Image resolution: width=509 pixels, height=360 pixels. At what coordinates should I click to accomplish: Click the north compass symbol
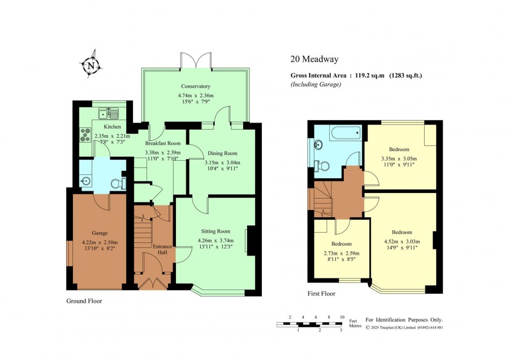click(x=92, y=65)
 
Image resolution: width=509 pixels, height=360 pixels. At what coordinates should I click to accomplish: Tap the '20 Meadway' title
click(x=314, y=59)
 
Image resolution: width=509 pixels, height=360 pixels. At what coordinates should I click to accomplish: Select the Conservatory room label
click(x=196, y=86)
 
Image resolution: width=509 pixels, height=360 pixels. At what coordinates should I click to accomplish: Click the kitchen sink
click(x=109, y=113)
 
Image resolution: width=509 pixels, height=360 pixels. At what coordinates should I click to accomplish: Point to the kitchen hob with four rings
click(x=85, y=135)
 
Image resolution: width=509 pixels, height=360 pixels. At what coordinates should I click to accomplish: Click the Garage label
click(x=100, y=233)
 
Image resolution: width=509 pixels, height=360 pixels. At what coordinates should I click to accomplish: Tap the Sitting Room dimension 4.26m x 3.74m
click(x=215, y=241)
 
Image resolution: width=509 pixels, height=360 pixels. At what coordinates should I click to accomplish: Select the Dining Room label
click(x=222, y=153)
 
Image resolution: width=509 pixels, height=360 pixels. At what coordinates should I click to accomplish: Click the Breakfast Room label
click(x=163, y=143)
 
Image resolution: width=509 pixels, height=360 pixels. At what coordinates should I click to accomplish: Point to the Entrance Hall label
click(x=162, y=249)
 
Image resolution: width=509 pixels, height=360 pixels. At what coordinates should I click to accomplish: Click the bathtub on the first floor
click(x=346, y=133)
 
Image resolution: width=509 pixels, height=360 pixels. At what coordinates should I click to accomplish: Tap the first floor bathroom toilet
click(x=323, y=166)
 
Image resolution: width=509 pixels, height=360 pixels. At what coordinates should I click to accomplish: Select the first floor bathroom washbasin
click(x=318, y=144)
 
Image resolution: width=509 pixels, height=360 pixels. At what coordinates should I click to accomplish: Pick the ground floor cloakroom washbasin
click(x=86, y=181)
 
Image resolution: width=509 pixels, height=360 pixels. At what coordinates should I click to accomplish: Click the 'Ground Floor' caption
click(x=84, y=301)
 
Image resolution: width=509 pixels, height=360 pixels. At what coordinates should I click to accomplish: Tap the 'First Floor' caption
click(x=321, y=294)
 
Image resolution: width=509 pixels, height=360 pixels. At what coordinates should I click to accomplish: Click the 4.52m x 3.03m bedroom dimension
click(x=402, y=241)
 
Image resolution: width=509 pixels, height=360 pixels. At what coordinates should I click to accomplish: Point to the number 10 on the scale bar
click(x=342, y=317)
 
